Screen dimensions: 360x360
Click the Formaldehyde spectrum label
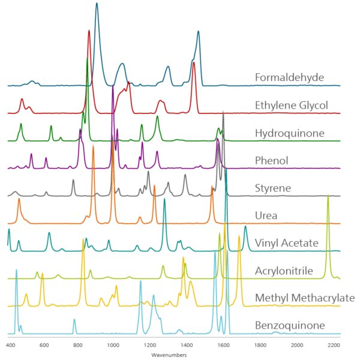pyautogui.click(x=289, y=77)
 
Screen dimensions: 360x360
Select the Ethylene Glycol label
pyautogui.click(x=292, y=106)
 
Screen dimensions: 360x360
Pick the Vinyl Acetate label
pyautogui.click(x=286, y=243)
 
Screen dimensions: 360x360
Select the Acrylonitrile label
pyautogui.click(x=284, y=271)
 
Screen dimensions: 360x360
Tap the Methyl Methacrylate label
pyautogui.click(x=305, y=298)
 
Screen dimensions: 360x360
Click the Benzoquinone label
pyautogui.click(x=290, y=326)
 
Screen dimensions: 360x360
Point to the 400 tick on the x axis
pyautogui.click(x=11, y=346)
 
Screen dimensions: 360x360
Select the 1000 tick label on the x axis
pyautogui.click(x=113, y=346)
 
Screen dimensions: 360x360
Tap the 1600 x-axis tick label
pyautogui.click(x=223, y=346)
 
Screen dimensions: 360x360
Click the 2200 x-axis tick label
pyautogui.click(x=334, y=346)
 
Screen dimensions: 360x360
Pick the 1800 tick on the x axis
pyautogui.click(x=260, y=346)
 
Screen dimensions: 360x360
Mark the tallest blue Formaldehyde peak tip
pyautogui.click(x=97, y=3)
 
